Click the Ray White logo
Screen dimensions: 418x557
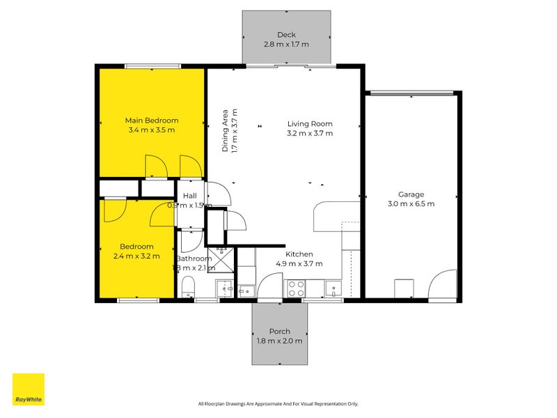coord(29,389)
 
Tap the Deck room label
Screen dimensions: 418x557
coord(286,35)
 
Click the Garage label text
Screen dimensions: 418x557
coord(411,194)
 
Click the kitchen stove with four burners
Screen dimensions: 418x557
coord(295,288)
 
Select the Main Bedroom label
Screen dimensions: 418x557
coord(152,120)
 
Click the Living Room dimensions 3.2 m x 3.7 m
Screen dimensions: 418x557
coord(310,133)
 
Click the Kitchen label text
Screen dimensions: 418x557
coord(299,254)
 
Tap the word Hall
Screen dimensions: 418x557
coord(190,196)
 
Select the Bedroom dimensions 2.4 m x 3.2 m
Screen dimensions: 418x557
coord(136,256)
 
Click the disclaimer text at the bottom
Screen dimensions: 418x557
coord(278,403)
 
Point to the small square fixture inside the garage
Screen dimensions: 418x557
coord(405,288)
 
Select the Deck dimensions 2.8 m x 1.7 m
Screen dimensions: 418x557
coord(286,45)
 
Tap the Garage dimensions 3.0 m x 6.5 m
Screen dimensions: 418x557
coord(411,204)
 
